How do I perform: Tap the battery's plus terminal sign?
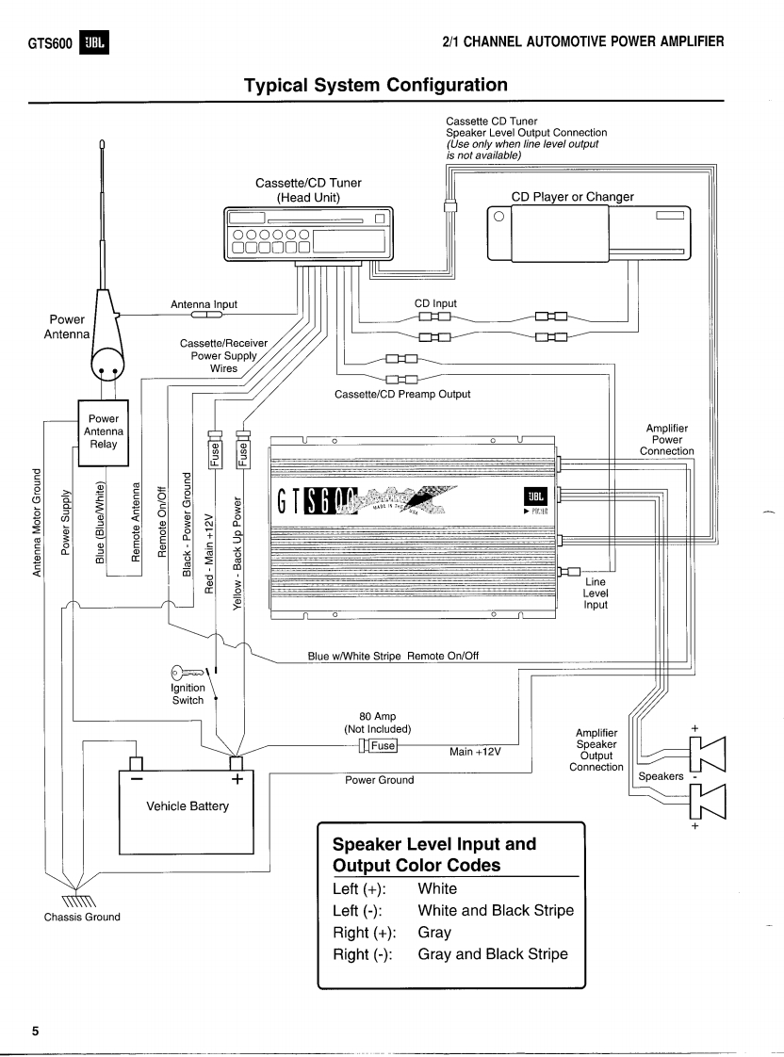237,779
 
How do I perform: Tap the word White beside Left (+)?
436,887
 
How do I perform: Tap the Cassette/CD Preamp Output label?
402,394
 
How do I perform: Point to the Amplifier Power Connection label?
668,440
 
